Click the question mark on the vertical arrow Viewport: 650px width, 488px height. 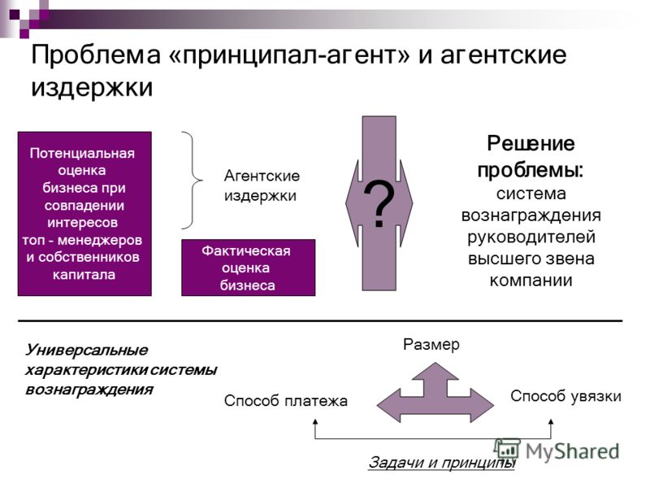tap(379, 204)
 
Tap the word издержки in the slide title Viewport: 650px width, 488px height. tap(92, 88)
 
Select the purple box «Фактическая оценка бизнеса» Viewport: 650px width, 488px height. tap(249, 268)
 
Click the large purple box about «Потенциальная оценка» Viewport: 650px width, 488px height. tap(84, 214)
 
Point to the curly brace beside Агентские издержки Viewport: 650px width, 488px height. tap(193, 180)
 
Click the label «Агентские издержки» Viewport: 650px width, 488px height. tap(262, 185)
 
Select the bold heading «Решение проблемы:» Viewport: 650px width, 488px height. tap(531, 157)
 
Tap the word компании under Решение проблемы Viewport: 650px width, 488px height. tap(531, 281)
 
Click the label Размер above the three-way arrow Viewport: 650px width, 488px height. tap(431, 344)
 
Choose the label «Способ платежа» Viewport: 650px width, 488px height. tap(286, 401)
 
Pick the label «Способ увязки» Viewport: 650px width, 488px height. tap(565, 396)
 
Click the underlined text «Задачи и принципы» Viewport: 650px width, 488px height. tap(441, 462)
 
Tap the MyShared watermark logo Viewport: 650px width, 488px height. tap(557, 451)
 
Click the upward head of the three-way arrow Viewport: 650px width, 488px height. tap(435, 372)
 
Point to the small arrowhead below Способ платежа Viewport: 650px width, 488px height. tap(315, 421)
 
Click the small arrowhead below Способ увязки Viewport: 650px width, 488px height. tap(551, 421)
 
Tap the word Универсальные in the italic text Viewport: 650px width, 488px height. tap(86, 350)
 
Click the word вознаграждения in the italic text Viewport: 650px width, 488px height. tap(89, 390)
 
